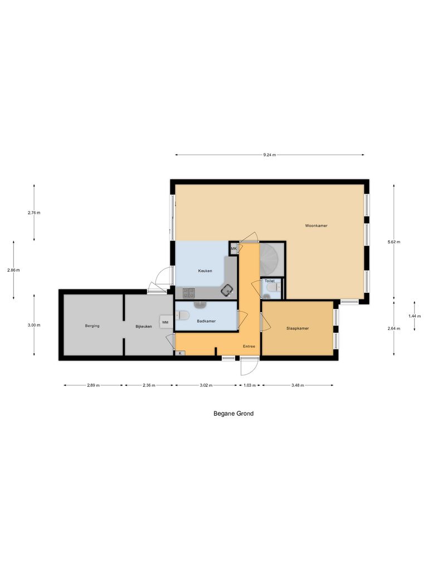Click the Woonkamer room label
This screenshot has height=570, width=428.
(316, 226)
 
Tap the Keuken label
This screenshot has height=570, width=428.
(204, 271)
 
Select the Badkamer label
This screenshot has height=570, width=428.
(206, 321)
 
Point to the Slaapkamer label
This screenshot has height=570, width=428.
(298, 328)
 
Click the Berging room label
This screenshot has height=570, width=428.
(92, 326)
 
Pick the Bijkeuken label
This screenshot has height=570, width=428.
(144, 326)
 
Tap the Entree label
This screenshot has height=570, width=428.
(249, 346)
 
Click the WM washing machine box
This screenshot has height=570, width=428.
(165, 322)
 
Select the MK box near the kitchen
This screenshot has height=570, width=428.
(234, 248)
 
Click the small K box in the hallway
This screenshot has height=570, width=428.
(180, 353)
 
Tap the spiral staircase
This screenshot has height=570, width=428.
(272, 259)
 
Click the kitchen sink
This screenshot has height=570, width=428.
(227, 289)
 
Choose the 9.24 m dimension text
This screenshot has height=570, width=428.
(270, 155)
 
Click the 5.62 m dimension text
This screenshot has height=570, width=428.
(394, 242)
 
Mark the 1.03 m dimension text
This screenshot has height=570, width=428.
(250, 385)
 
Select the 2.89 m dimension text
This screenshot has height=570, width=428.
(93, 385)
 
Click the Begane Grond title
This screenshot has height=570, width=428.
(234, 414)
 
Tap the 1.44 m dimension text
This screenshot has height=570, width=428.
(414, 316)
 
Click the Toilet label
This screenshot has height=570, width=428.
(270, 281)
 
